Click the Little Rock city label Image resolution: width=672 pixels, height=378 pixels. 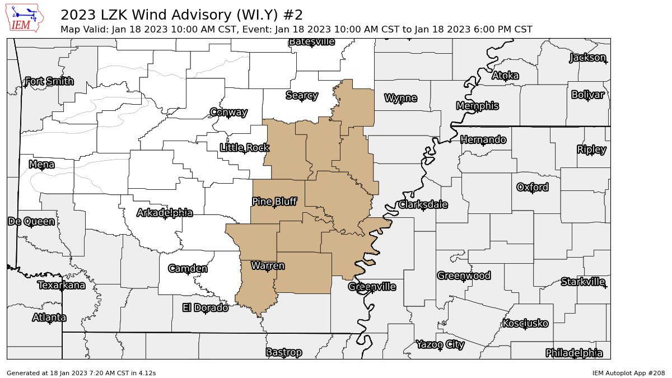pyautogui.click(x=244, y=148)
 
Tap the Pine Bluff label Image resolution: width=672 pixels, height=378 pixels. pyautogui.click(x=274, y=202)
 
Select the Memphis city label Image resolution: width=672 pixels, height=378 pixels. pyautogui.click(x=477, y=106)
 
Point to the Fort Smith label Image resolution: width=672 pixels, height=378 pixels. pyautogui.click(x=49, y=81)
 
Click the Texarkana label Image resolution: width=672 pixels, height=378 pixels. pyautogui.click(x=62, y=285)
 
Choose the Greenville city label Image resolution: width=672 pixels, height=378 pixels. pyautogui.click(x=372, y=287)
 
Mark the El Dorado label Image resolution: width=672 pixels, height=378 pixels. pyautogui.click(x=206, y=308)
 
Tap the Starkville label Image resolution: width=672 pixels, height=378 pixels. pyautogui.click(x=583, y=282)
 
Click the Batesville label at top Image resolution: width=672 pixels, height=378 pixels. pyautogui.click(x=311, y=42)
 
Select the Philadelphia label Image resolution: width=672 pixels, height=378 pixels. pyautogui.click(x=574, y=353)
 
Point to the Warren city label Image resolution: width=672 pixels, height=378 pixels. pyautogui.click(x=267, y=265)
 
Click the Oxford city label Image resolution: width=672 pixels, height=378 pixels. pyautogui.click(x=532, y=187)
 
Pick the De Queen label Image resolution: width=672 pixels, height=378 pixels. pyautogui.click(x=31, y=222)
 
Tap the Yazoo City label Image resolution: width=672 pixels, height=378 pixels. pyautogui.click(x=440, y=344)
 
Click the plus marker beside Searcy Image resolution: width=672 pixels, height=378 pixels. pyautogui.click(x=302, y=100)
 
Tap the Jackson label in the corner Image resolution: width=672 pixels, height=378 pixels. pyautogui.click(x=588, y=58)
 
